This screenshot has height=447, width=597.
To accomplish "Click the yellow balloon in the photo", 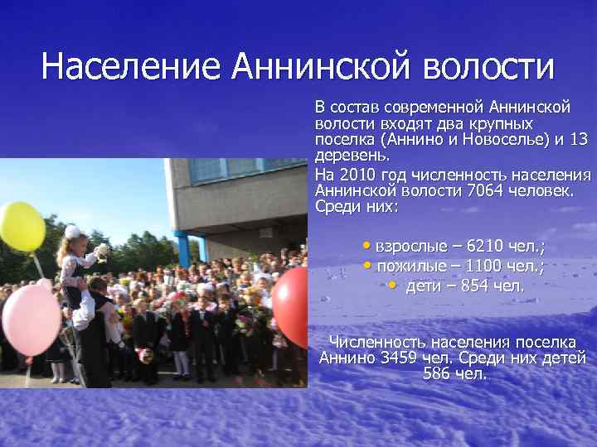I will pos(21,225).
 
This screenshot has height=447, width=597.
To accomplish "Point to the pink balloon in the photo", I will pos(30,320).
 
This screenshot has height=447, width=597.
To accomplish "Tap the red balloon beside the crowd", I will pos(291,306).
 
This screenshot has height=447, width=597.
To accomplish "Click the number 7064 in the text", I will pos(485,190).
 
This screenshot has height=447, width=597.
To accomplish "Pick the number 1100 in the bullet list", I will pos(482,266).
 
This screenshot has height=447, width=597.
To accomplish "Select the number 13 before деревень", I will pos(579,139).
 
